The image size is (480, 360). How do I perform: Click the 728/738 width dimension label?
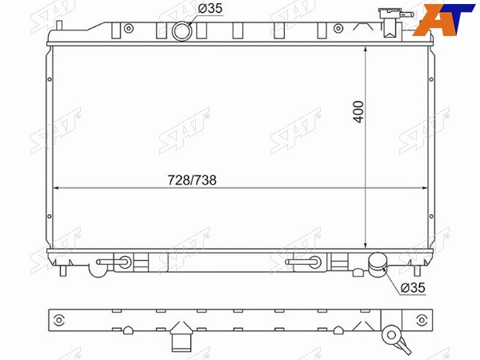click(192, 180)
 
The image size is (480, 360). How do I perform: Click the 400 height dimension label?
click(358, 112)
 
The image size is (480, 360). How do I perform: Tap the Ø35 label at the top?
click(210, 8)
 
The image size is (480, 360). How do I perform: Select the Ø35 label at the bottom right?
click(413, 287)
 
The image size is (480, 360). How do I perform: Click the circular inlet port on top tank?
click(182, 31)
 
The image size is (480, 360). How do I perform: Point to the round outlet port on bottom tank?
click(377, 264)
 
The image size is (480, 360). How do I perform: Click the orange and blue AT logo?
click(443, 19)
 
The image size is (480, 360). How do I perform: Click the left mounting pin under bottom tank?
click(63, 270)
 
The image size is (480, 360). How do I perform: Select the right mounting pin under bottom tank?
click(417, 270)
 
